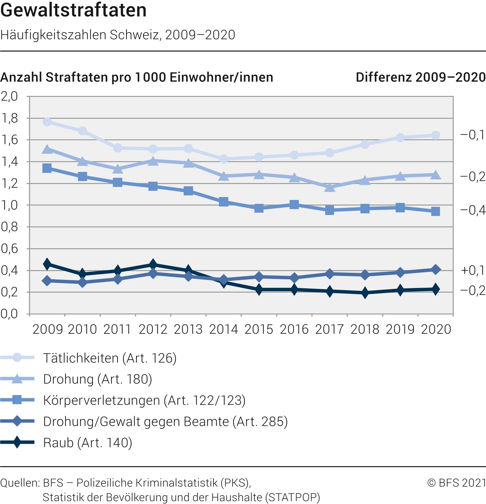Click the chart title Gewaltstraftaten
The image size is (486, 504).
(73, 10)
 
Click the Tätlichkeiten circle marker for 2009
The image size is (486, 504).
(47, 122)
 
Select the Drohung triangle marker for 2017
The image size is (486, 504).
(330, 187)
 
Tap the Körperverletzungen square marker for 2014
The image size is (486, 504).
(224, 202)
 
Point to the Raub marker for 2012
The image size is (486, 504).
(153, 264)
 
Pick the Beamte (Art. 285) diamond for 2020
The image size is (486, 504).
(435, 269)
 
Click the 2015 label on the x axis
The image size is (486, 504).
(259, 329)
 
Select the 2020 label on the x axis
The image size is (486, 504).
(436, 329)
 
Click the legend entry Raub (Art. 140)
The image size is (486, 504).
(87, 443)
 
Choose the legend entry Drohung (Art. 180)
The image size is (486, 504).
(98, 379)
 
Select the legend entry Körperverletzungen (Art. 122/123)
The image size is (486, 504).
(144, 400)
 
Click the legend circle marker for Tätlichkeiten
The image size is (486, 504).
(17, 358)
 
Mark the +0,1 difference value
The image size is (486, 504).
(473, 270)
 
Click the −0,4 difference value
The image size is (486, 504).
(473, 210)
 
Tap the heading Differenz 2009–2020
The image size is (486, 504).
(420, 77)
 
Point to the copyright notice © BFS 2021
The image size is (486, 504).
(456, 483)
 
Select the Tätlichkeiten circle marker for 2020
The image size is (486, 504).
(435, 135)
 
